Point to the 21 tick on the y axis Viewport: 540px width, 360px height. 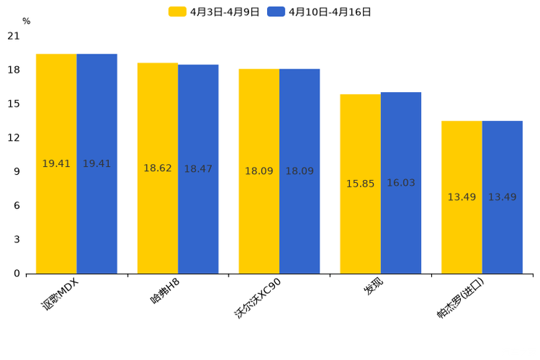click(14, 36)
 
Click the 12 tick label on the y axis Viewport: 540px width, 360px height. click(14, 138)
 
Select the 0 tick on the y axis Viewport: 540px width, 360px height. click(17, 274)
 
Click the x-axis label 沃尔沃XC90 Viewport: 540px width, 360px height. click(258, 298)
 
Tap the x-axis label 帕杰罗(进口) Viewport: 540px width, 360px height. click(459, 298)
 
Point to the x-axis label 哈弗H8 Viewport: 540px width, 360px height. click(165, 291)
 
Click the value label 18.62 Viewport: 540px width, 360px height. click(157, 168)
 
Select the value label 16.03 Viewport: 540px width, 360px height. click(401, 183)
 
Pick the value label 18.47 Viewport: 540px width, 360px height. click(198, 169)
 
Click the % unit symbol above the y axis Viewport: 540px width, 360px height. click(26, 22)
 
